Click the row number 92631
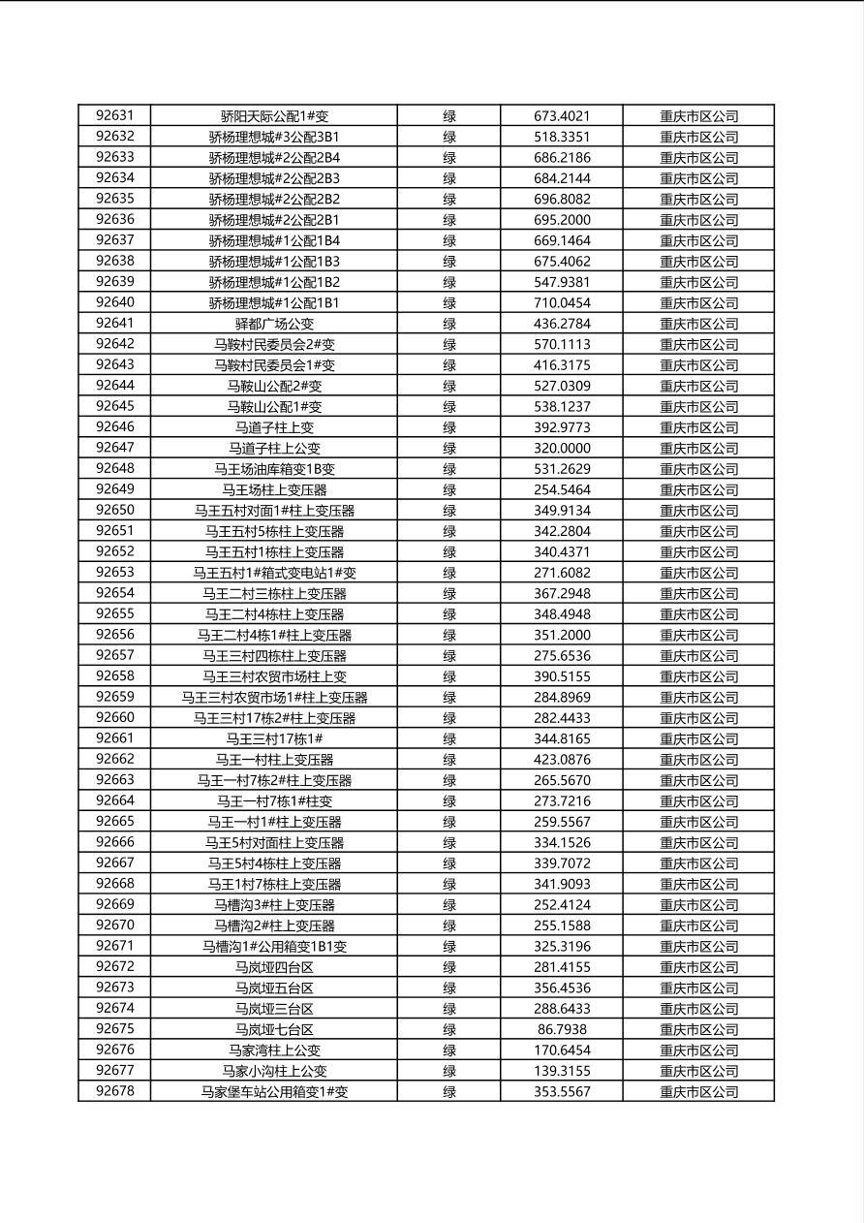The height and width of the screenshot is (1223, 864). click(x=114, y=115)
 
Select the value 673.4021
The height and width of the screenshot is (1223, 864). click(x=562, y=116)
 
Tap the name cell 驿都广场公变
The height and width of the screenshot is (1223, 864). click(x=274, y=324)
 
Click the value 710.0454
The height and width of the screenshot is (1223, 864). click(x=562, y=303)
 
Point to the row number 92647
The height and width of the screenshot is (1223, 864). click(x=114, y=448)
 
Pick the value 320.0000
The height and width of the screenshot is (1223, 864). click(x=562, y=449)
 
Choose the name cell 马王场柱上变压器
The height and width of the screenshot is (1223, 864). click(x=274, y=490)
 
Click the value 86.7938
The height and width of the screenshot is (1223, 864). click(x=562, y=1029)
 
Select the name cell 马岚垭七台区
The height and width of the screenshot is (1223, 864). click(x=274, y=1029)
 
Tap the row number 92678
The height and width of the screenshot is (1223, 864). click(x=114, y=1091)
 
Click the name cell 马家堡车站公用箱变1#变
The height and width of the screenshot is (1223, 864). click(x=274, y=1092)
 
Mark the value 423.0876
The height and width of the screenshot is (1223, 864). click(x=562, y=760)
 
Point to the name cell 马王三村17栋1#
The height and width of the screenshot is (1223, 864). click(x=274, y=738)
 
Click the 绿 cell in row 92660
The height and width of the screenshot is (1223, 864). click(x=449, y=718)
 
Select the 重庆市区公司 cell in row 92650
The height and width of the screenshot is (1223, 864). click(x=698, y=511)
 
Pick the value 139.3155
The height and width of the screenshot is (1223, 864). click(x=562, y=1071)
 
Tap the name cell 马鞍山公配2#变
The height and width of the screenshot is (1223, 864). click(x=274, y=386)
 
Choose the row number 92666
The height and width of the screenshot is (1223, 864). click(x=114, y=842)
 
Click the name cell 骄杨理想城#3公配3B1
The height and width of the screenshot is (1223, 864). click(x=274, y=137)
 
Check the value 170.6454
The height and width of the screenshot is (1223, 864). click(x=562, y=1051)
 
